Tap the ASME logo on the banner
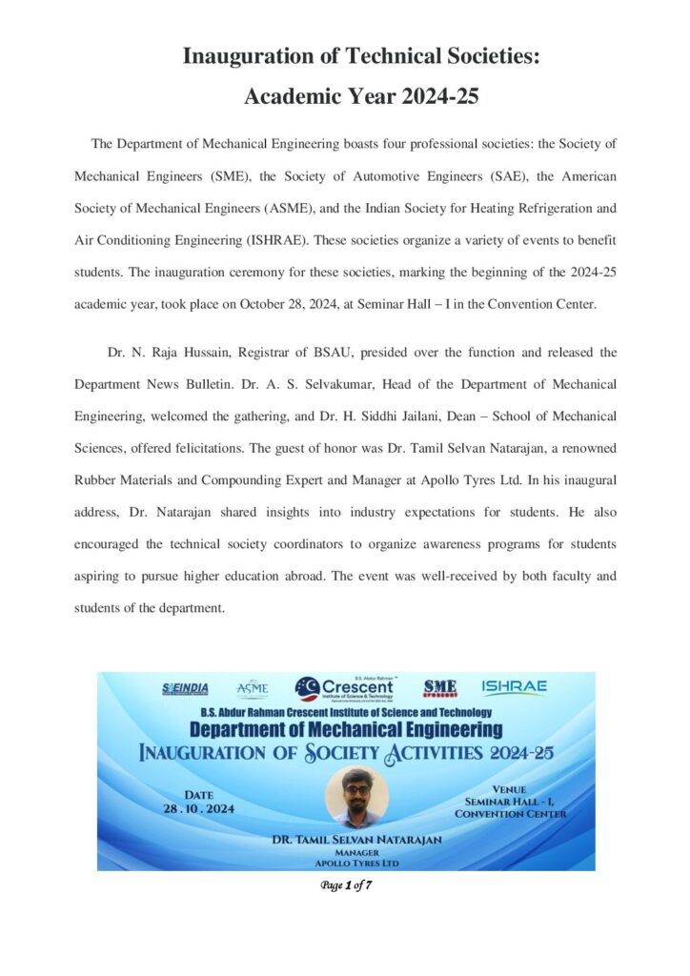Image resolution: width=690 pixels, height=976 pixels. (x=253, y=688)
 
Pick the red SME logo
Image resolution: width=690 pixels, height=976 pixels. (x=440, y=687)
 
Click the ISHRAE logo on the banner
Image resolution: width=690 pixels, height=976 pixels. (x=514, y=687)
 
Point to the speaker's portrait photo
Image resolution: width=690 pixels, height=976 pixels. (x=356, y=797)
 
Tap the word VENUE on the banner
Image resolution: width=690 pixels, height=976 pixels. (x=510, y=790)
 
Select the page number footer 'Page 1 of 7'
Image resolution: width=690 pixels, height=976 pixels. (x=346, y=884)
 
